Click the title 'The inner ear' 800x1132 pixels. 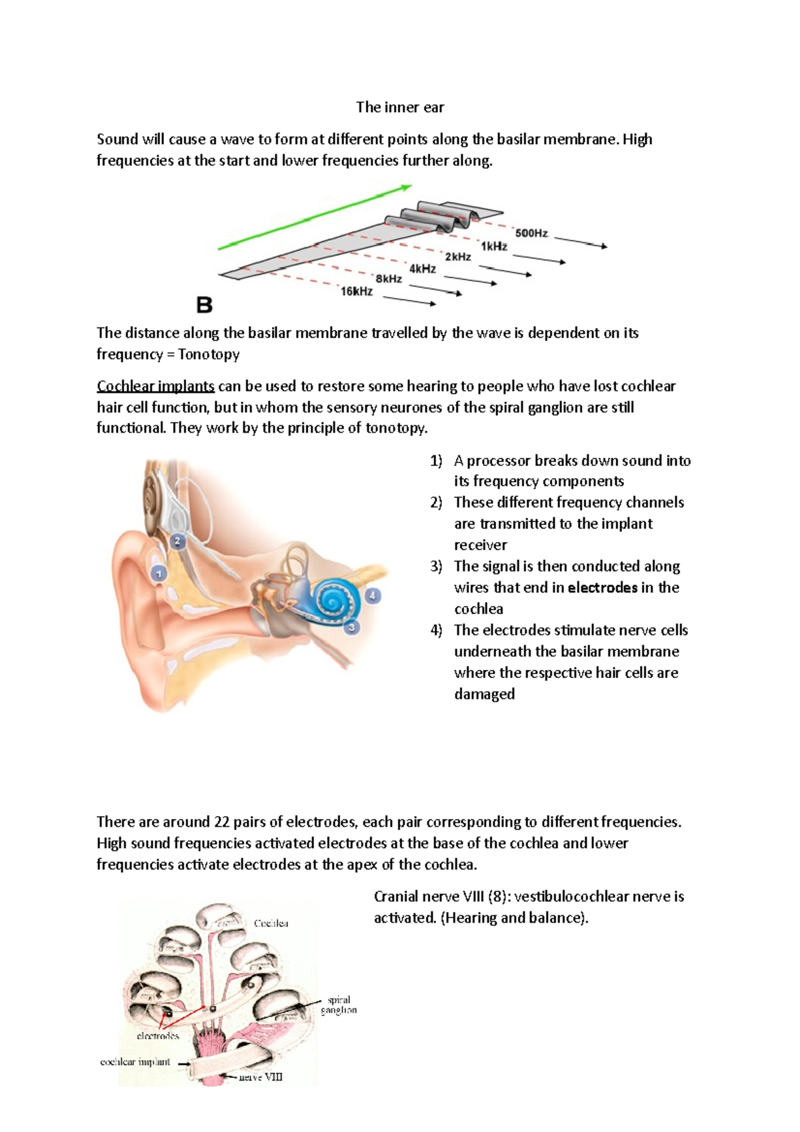click(400, 107)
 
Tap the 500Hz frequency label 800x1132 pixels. click(531, 233)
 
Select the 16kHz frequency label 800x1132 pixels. click(357, 291)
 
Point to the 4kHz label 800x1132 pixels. click(423, 269)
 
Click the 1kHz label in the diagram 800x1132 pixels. click(494, 246)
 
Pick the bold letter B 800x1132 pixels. click(204, 305)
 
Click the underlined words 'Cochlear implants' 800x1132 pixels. click(155, 386)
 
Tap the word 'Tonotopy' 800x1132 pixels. click(209, 354)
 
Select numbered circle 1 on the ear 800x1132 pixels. click(158, 573)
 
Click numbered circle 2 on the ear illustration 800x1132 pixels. click(177, 541)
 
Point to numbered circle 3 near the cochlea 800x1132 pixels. click(351, 627)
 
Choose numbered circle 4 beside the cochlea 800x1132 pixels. click(373, 595)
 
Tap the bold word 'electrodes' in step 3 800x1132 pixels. click(603, 587)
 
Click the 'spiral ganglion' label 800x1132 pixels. click(339, 1005)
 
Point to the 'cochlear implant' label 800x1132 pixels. click(135, 1062)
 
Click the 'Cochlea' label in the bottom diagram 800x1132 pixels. click(271, 923)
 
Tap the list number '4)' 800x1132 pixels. click(436, 630)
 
